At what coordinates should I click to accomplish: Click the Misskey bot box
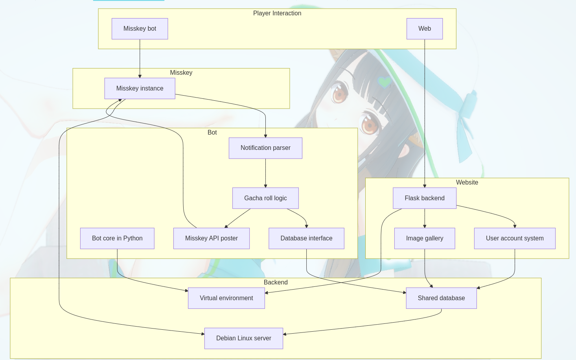(140, 29)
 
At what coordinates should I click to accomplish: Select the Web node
(425, 29)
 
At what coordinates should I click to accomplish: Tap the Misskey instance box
(140, 89)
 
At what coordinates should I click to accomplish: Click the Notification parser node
(265, 148)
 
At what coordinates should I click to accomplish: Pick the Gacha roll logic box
(265, 198)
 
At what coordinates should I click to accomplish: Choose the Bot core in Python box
(117, 238)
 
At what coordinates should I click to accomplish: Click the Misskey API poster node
(212, 238)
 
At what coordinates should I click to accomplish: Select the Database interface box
(306, 238)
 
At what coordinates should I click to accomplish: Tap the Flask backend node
(425, 198)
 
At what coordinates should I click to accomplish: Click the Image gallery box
(425, 238)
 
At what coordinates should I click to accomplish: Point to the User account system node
(515, 238)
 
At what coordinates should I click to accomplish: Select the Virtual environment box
(226, 298)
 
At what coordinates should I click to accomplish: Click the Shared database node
(441, 298)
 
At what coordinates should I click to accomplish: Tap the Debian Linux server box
(244, 338)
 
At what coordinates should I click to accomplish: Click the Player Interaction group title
(277, 13)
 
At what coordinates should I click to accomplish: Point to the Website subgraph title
(467, 183)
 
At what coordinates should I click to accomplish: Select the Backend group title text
(276, 282)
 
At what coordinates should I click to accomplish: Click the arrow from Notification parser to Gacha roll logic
(265, 173)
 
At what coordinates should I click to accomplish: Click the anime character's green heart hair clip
(384, 82)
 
